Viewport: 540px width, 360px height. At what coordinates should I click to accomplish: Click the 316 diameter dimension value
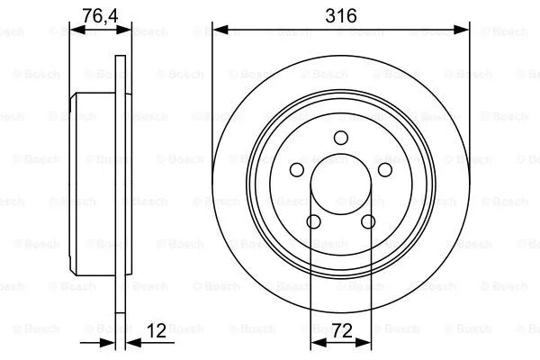coord(340,15)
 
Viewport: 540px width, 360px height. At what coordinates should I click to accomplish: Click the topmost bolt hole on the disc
coord(340,138)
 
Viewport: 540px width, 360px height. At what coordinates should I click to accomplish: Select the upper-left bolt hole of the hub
coord(296,170)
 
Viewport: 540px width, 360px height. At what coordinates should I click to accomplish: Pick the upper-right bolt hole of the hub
coord(384,170)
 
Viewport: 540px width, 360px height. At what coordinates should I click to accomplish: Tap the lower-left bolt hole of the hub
coord(313,222)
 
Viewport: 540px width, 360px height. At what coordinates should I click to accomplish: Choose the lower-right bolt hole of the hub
coord(367,222)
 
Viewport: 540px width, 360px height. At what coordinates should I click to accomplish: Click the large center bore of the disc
coord(340,189)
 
